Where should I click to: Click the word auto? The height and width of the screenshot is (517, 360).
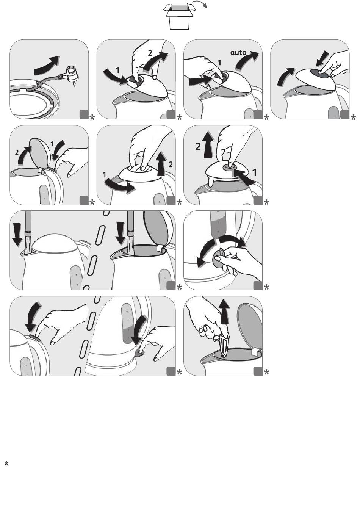pos(238,52)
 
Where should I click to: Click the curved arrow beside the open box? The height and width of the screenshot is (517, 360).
pos(200,3)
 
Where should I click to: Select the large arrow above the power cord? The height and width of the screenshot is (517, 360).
pos(46,65)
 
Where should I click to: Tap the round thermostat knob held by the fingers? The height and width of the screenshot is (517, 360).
pos(218,258)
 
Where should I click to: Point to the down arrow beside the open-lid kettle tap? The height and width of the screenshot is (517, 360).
pos(121,233)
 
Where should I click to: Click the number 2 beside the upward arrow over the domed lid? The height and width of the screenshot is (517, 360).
pos(198,147)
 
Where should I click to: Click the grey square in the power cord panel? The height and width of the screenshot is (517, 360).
pos(84,114)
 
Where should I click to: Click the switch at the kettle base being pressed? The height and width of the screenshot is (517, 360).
pos(139,352)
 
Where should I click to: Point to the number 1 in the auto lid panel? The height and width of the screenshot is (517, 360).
pos(219,63)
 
